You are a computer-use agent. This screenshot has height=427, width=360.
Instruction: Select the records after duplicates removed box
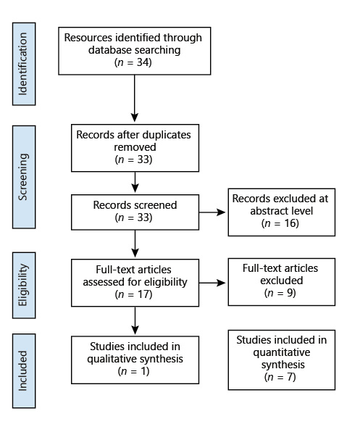tap(123, 146)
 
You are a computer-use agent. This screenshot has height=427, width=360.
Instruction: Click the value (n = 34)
tap(134, 62)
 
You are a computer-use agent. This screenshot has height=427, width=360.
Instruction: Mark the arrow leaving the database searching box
tap(134, 98)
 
